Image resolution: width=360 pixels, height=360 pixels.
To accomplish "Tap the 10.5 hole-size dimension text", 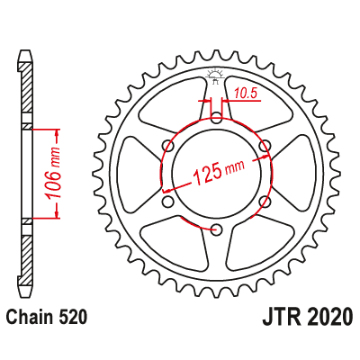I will tap(246, 92).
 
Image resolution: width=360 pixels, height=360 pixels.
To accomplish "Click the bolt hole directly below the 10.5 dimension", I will tap(216, 117).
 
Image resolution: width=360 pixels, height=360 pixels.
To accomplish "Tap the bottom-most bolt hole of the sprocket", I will tap(216, 229).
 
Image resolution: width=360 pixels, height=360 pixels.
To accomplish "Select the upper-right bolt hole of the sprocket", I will tap(265, 145).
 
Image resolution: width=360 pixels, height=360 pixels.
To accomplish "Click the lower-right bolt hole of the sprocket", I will tap(265, 201).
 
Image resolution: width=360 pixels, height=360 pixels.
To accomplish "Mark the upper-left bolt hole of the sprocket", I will tap(167, 145).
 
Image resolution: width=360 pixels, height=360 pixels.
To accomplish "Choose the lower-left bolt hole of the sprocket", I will tap(167, 201).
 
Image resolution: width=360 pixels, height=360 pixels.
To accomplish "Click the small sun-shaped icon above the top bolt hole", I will tap(216, 75).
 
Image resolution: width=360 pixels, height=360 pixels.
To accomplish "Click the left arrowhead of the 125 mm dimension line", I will tap(165, 191).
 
